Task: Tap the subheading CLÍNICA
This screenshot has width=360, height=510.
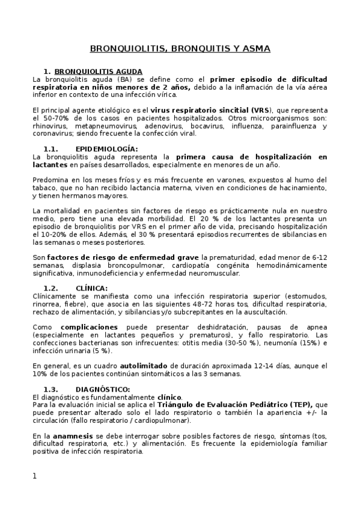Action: click(x=91, y=288)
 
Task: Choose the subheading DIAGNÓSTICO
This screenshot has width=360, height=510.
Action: click(x=103, y=389)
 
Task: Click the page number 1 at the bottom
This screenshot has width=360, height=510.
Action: click(x=35, y=476)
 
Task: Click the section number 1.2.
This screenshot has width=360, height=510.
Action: click(x=51, y=288)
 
